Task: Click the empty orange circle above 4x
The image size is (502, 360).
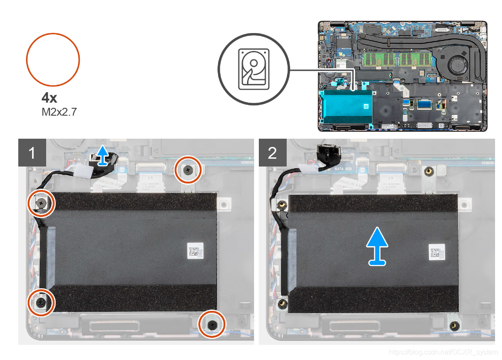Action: click(x=53, y=60)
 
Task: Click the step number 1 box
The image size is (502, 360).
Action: click(x=31, y=152)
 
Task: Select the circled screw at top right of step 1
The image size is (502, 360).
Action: click(x=188, y=170)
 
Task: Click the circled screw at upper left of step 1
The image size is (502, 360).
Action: click(x=42, y=203)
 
